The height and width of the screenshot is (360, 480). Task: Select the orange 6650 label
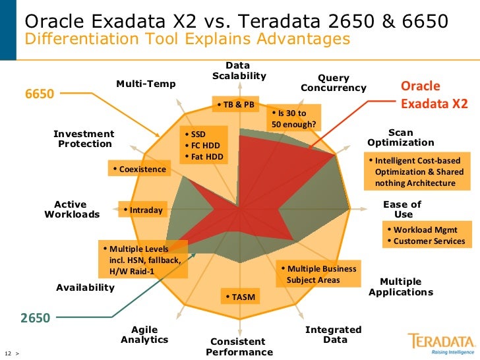click(x=40, y=94)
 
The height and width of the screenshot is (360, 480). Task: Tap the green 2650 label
click(x=35, y=318)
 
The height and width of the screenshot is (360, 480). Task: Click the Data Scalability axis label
click(x=238, y=71)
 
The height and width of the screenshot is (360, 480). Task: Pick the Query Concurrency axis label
click(x=333, y=83)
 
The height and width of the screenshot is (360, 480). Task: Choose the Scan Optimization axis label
click(x=400, y=137)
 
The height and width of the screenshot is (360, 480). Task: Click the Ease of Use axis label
click(x=402, y=209)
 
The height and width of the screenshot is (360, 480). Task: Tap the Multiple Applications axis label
click(x=400, y=287)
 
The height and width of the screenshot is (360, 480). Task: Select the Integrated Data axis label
click(x=334, y=334)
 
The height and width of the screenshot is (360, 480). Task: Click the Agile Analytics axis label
click(x=144, y=334)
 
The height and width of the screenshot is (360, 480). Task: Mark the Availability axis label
click(x=85, y=287)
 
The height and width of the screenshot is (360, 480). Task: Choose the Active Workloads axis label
click(x=71, y=209)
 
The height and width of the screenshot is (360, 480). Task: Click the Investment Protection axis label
click(x=84, y=138)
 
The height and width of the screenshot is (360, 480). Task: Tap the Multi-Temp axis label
click(x=146, y=84)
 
